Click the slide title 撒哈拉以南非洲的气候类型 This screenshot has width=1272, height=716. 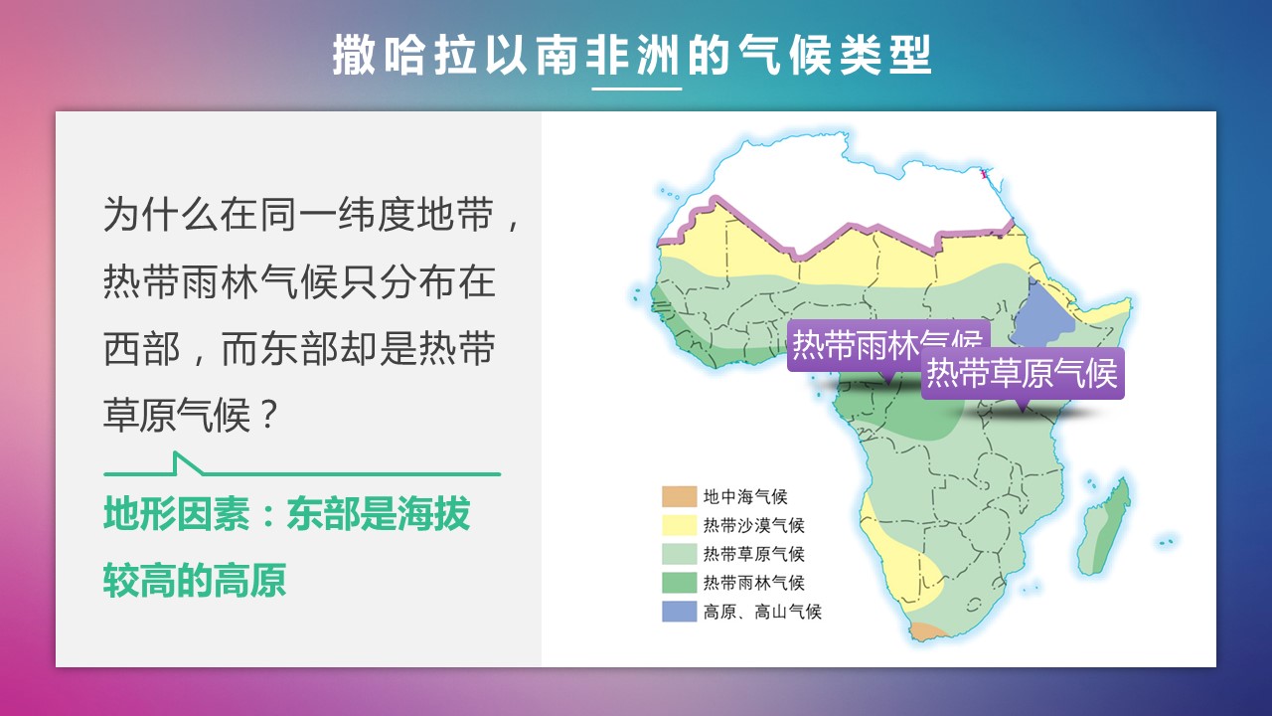point(632,55)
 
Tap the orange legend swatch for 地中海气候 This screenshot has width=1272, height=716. point(679,496)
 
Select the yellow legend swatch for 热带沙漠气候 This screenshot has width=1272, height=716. point(679,525)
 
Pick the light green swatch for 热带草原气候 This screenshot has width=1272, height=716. point(679,554)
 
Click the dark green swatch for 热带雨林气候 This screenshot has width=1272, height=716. point(679,583)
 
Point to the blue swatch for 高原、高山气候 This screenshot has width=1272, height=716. point(679,612)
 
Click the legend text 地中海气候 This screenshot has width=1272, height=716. point(745,496)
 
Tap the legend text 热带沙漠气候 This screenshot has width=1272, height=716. point(753,526)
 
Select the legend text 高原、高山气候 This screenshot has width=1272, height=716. point(762,612)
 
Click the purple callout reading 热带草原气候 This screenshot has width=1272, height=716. point(1023,373)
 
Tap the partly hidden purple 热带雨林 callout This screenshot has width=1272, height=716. point(855,345)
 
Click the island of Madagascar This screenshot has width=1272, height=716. point(1103,527)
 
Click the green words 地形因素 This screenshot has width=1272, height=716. point(177,514)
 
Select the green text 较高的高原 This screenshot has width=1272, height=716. point(195,580)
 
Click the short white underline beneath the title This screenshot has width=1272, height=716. point(637,89)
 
